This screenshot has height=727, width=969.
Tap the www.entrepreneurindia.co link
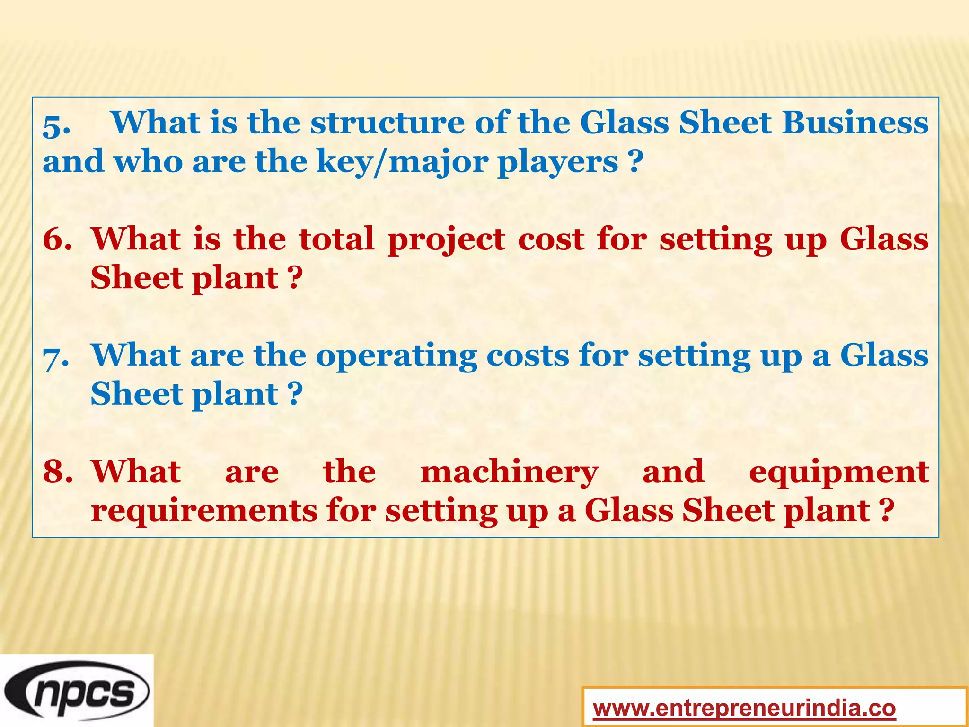point(744,709)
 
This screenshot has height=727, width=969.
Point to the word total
point(337,239)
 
